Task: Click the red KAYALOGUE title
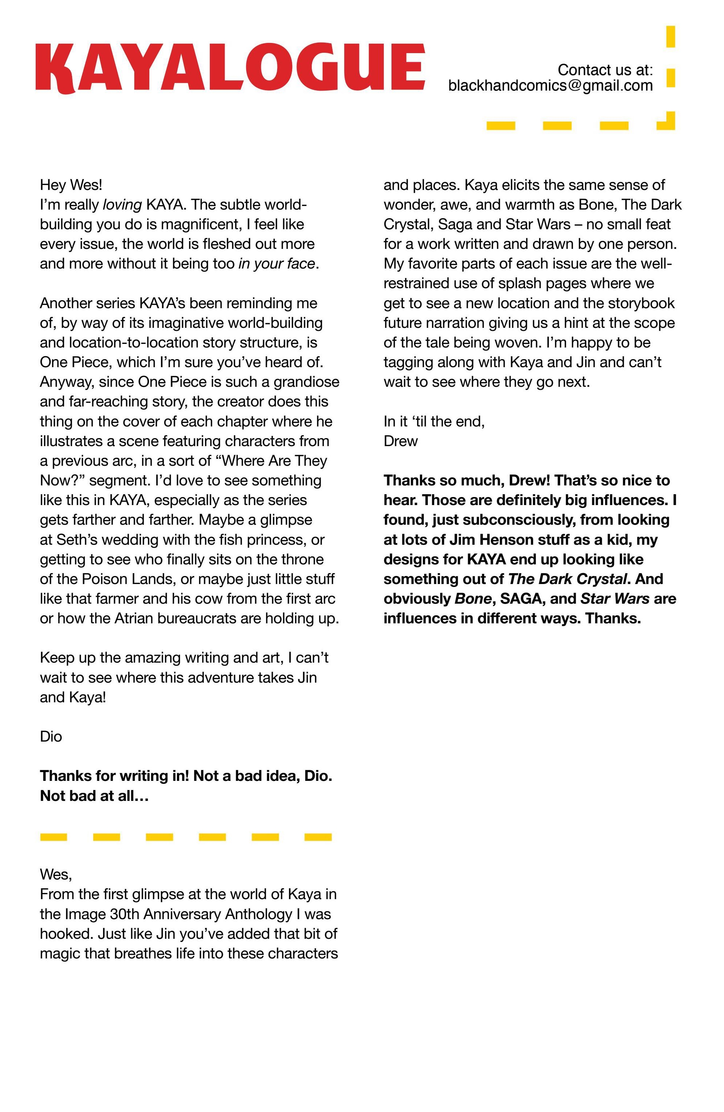tap(230, 67)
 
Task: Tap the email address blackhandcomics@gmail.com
tap(550, 86)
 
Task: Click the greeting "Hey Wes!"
tap(71, 185)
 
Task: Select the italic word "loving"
tap(122, 204)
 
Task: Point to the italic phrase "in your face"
tap(276, 264)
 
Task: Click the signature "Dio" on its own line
tap(51, 737)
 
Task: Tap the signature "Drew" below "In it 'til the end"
tap(400, 441)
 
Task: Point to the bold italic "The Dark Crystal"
tap(567, 579)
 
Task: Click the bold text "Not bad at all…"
tap(94, 796)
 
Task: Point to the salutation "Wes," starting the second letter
tap(56, 874)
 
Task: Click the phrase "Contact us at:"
tap(605, 70)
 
